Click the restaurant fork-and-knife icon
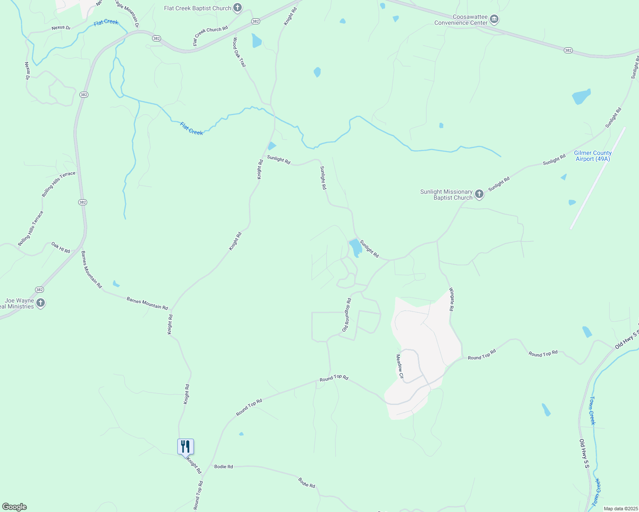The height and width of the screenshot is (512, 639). click(x=185, y=447)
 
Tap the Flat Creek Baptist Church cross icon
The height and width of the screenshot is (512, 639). click(x=237, y=8)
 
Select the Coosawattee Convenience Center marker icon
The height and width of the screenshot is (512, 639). click(x=494, y=19)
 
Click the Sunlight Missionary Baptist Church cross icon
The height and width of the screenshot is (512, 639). click(x=479, y=195)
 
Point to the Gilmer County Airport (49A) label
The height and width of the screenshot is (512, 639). click(x=592, y=156)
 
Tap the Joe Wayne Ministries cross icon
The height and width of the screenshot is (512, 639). click(x=41, y=303)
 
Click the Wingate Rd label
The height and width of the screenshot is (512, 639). click(x=451, y=299)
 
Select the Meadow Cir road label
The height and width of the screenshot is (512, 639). click(x=400, y=367)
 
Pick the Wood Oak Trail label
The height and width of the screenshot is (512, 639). click(x=240, y=52)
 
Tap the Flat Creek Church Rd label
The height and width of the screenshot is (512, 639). click(x=210, y=36)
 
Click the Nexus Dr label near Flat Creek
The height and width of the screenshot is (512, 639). click(x=61, y=28)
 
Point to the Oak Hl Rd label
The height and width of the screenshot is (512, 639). click(x=61, y=247)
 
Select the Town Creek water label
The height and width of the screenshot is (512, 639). click(x=592, y=410)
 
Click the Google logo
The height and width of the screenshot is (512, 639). click(x=14, y=507)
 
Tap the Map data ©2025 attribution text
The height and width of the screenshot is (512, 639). click(x=620, y=509)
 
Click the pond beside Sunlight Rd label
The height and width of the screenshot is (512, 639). click(x=355, y=248)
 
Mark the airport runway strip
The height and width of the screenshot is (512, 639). click(x=598, y=178)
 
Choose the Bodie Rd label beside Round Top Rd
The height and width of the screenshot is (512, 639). click(x=223, y=466)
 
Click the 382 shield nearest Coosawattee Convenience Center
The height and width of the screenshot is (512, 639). click(x=568, y=50)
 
